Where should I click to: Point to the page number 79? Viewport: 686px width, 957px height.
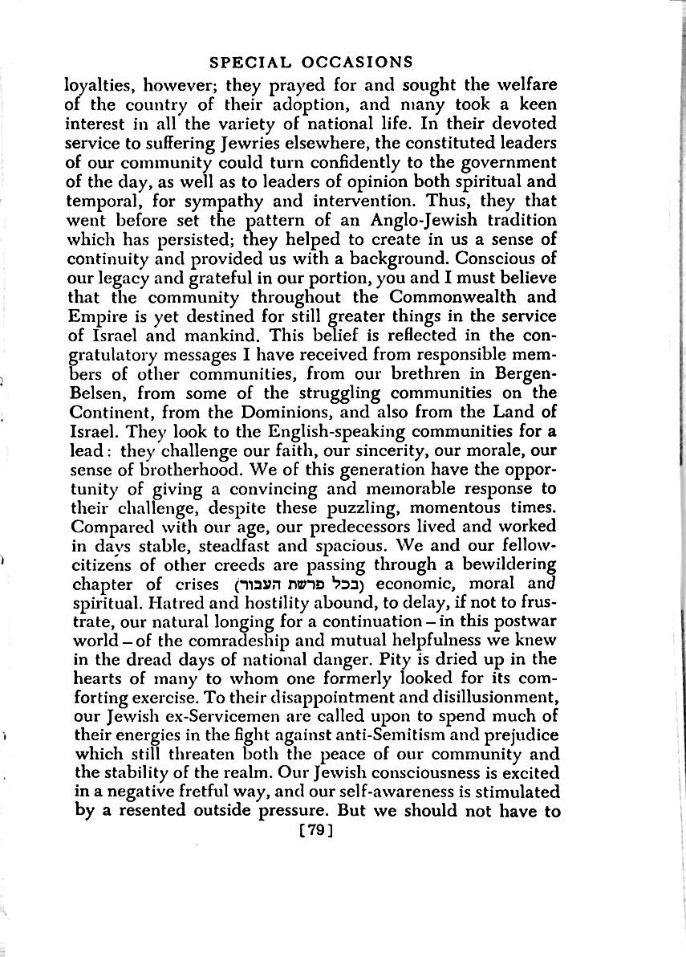click(315, 832)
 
